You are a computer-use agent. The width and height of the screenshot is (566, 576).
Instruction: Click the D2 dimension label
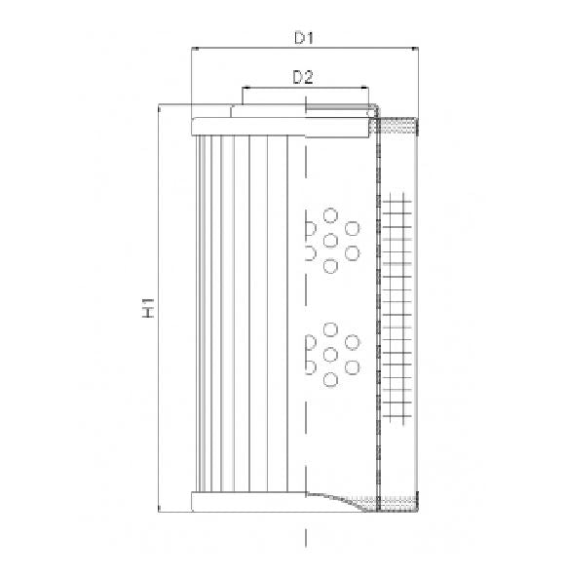(x=302, y=77)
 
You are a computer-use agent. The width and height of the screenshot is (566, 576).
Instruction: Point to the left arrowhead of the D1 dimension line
(x=194, y=48)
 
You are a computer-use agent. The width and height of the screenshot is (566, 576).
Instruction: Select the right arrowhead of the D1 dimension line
(x=417, y=48)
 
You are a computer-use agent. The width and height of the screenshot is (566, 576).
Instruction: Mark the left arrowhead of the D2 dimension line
(x=244, y=87)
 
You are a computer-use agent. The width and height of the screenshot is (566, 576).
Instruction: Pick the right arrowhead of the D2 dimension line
(x=368, y=87)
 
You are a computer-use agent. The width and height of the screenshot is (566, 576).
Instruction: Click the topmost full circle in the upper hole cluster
(x=330, y=214)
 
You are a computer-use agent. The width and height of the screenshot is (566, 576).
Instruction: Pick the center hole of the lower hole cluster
(x=330, y=354)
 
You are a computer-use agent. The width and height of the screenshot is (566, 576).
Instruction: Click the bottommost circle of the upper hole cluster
(x=330, y=265)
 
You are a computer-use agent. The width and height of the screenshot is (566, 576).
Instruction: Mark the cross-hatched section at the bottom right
(x=397, y=501)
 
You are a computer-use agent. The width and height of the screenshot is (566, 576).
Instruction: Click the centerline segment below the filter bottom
(x=307, y=536)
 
